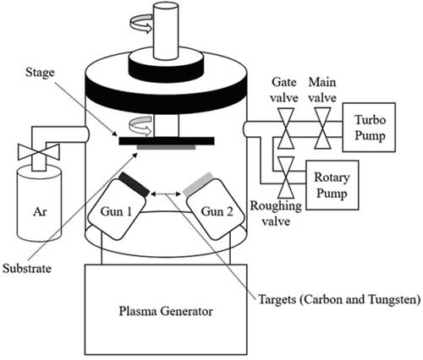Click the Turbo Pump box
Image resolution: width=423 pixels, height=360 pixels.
(369, 128)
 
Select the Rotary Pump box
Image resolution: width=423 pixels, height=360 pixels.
(332, 185)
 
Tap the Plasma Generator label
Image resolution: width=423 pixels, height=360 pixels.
(166, 312)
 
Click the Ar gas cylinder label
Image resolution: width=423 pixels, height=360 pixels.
(40, 211)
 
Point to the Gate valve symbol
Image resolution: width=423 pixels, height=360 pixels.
(286, 128)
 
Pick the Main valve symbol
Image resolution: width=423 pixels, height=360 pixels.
(322, 128)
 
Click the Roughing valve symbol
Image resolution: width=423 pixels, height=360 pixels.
(286, 177)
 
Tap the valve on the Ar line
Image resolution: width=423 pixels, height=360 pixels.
(38, 152)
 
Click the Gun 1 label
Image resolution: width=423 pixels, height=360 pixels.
(116, 211)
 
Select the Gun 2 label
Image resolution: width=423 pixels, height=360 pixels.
(217, 211)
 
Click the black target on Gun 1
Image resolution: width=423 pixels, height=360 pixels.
(134, 184)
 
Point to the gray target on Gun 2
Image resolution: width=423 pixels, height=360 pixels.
(198, 184)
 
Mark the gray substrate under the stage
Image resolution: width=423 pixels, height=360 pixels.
(166, 147)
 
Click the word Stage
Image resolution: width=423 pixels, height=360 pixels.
(40, 73)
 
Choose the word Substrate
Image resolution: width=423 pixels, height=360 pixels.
(27, 268)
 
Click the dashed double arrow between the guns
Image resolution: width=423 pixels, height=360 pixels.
(166, 194)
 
